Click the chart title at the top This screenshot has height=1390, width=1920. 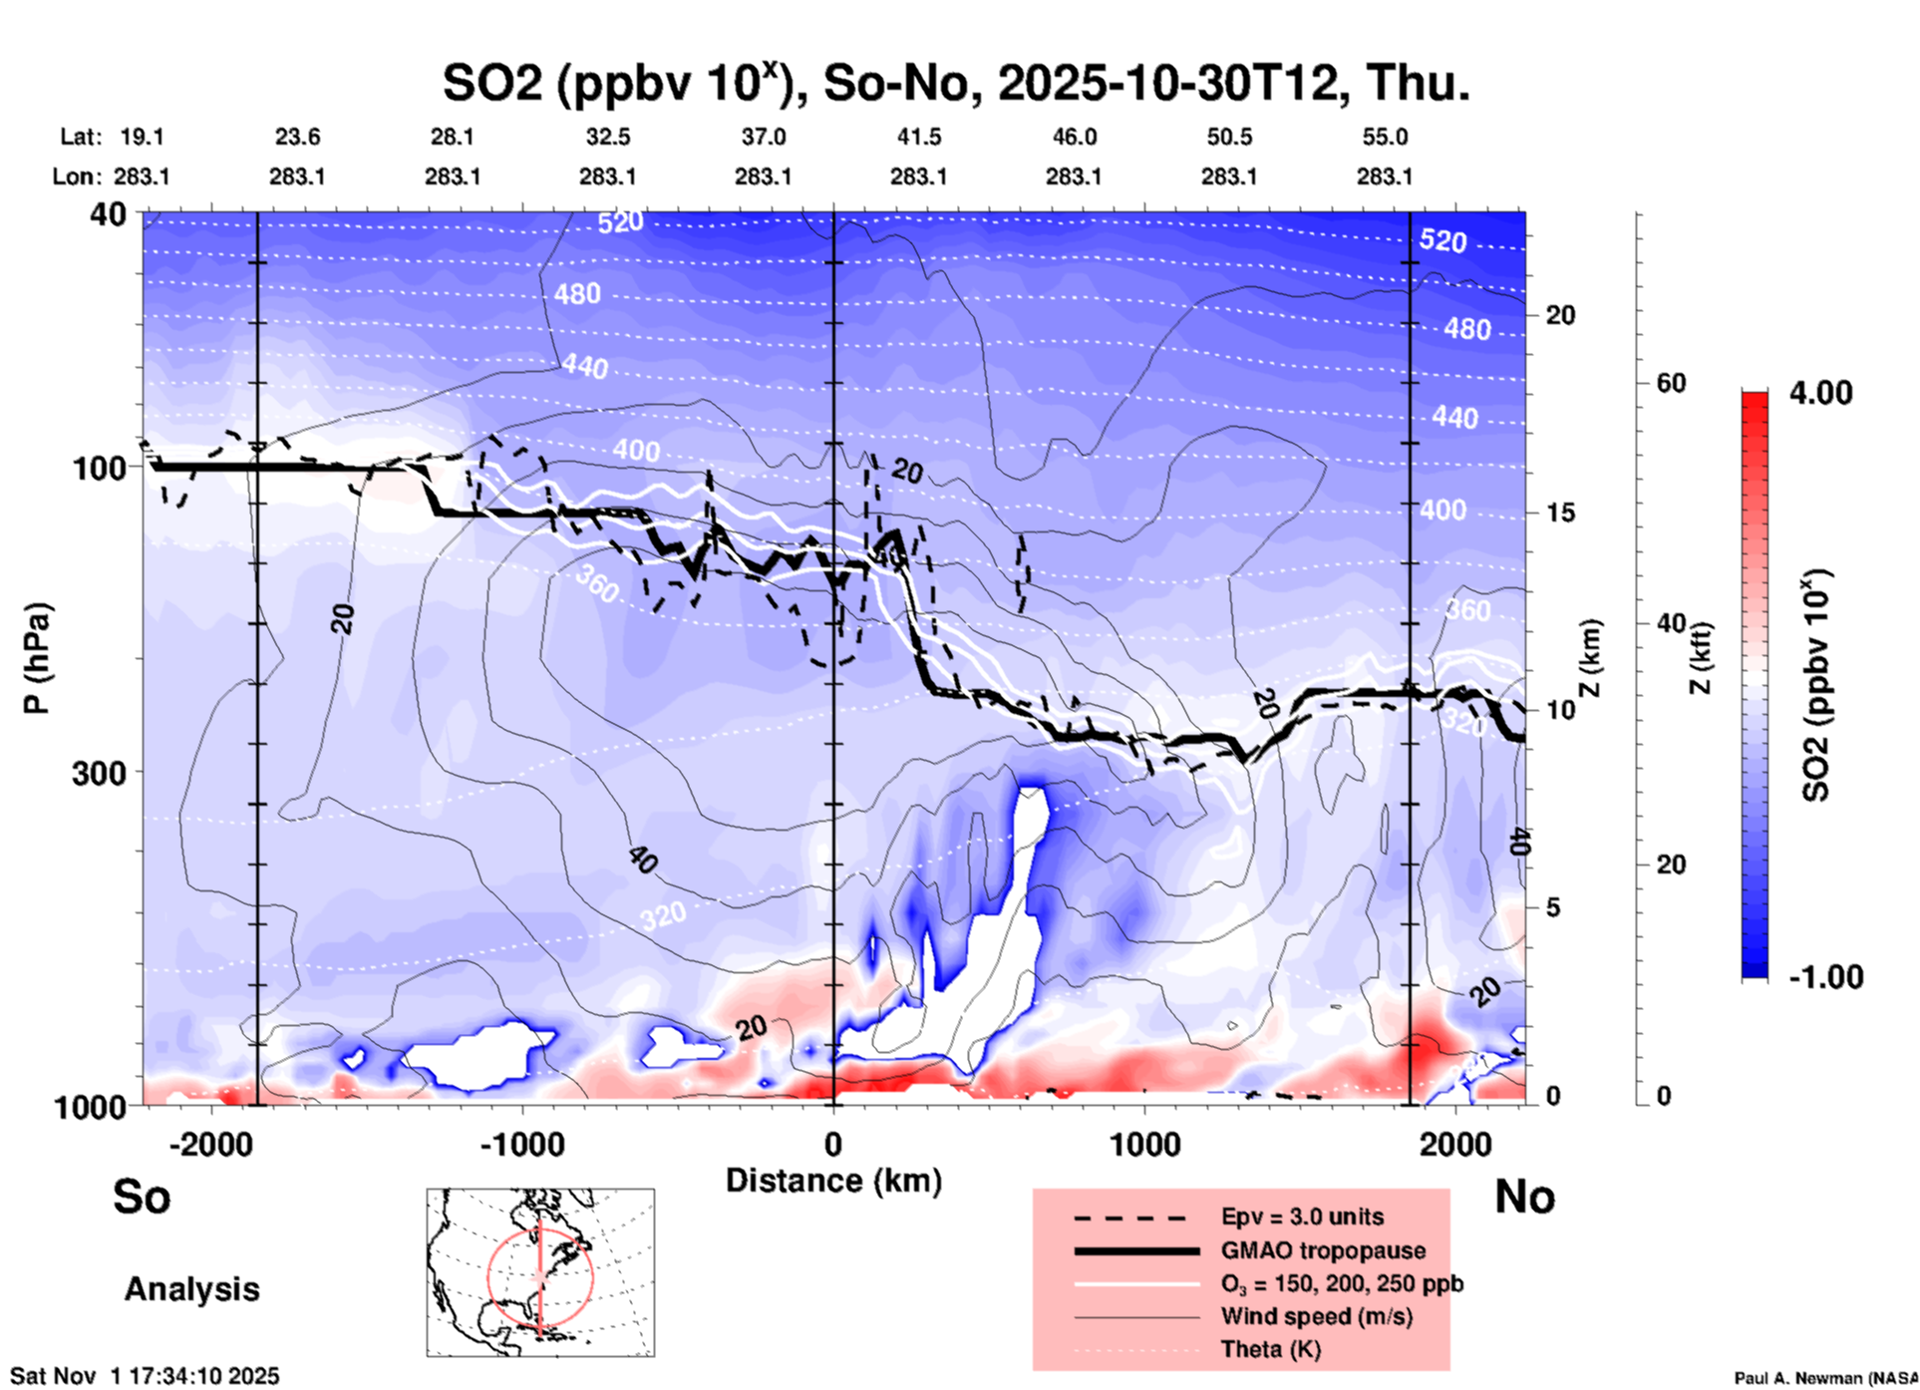955,84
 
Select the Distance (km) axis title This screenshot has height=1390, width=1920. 833,1181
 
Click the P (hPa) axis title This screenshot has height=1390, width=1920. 38,658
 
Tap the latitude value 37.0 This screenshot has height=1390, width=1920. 763,137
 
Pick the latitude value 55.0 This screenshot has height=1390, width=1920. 1385,137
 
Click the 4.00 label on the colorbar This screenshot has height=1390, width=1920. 1820,393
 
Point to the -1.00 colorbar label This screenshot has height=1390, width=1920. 1825,977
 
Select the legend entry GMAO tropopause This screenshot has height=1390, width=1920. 1323,1250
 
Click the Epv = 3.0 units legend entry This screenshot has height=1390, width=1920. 1302,1217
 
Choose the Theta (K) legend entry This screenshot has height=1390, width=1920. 1270,1349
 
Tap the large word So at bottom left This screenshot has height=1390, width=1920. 142,1197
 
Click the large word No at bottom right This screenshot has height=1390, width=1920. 1524,1197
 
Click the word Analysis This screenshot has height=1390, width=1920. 191,1289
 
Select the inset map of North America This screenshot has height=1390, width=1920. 540,1272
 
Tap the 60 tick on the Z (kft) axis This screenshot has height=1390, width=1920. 1671,383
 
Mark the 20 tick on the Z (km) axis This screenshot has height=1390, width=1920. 1560,316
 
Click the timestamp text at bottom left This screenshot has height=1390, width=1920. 145,1376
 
